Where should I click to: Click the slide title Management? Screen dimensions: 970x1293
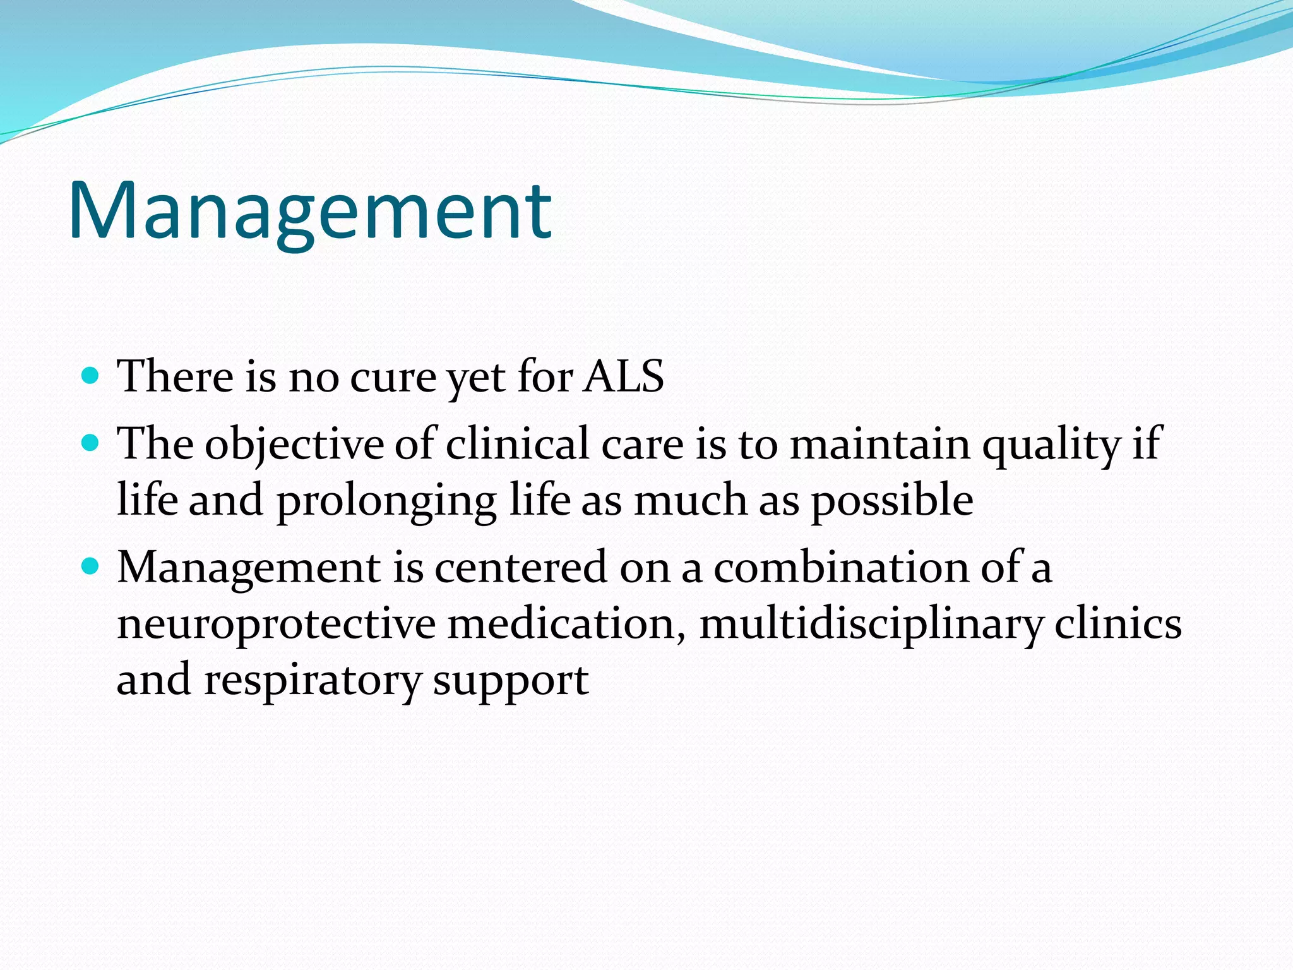(309, 212)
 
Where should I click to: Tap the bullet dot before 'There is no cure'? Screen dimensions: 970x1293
(91, 376)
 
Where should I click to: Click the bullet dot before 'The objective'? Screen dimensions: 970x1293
(91, 443)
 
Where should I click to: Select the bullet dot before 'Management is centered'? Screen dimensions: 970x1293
(91, 566)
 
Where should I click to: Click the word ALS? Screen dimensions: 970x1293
(623, 377)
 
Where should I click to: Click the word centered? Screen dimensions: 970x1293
(520, 568)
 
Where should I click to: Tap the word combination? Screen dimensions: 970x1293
(840, 568)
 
